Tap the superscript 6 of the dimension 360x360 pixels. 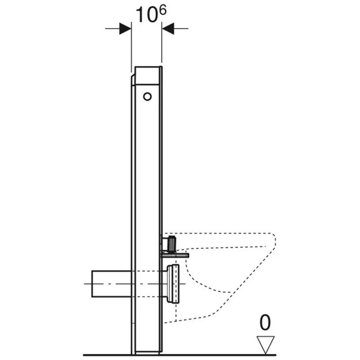pos(163,11)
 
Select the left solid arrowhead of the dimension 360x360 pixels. pos(125,28)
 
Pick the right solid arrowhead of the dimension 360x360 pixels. pos(168,28)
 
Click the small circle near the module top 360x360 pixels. pos(148,96)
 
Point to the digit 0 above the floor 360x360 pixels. pos(265,322)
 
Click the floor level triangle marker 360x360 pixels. pos(265,345)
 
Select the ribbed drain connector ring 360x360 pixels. pos(173,284)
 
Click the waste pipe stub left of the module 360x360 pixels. pos(111,284)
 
